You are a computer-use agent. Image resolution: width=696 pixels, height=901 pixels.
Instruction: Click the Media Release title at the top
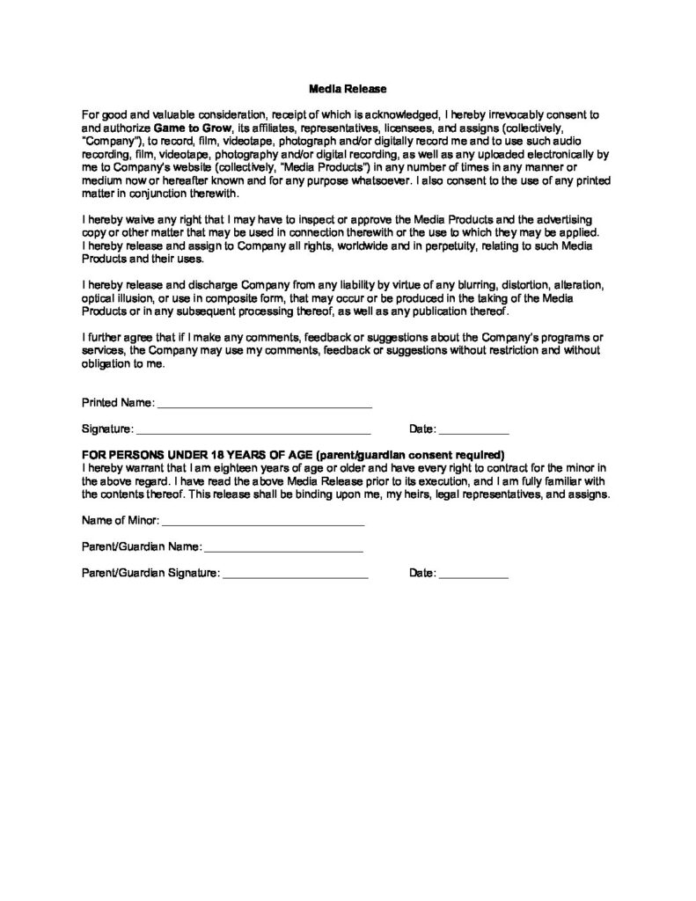(348, 89)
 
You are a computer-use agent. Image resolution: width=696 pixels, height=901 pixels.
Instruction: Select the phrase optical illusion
(117, 298)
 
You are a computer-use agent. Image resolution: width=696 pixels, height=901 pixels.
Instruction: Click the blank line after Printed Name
(264, 404)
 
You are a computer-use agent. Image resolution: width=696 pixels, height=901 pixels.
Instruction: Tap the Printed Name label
(118, 403)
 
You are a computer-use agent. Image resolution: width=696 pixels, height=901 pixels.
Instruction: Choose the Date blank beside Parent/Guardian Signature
(473, 574)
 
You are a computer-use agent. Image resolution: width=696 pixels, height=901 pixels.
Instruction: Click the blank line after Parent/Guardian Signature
(295, 574)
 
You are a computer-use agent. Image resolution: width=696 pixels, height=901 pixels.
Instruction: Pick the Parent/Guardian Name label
(141, 547)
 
